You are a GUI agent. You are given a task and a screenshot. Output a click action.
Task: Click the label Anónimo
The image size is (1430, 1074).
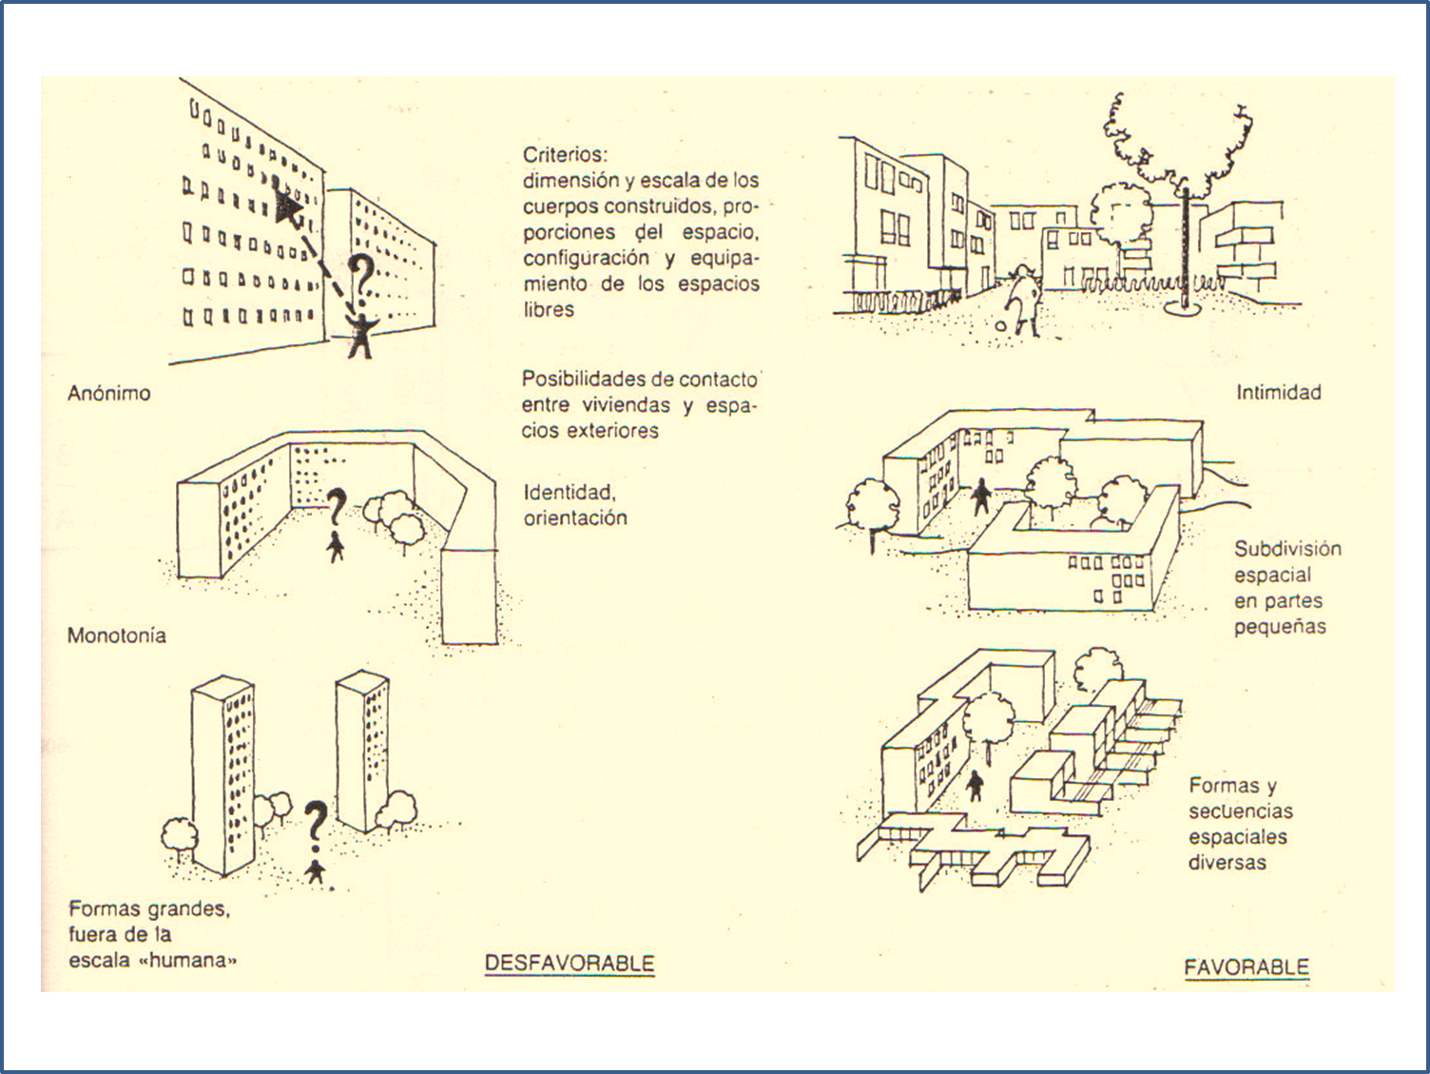tap(108, 393)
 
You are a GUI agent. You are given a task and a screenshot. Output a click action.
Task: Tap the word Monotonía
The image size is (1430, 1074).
tap(116, 635)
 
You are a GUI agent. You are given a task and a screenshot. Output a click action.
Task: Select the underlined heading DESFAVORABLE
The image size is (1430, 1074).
tap(570, 963)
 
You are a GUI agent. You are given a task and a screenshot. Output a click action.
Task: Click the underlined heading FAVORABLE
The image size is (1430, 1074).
tap(1246, 967)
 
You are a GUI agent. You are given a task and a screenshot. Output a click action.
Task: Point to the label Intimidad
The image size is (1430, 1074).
tap(1278, 392)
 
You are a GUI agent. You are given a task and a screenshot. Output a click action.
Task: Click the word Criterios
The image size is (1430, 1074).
tap(564, 154)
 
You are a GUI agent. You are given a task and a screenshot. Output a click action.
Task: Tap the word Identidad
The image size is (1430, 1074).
tap(569, 492)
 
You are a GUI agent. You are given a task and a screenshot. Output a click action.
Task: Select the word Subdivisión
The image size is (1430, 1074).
tap(1287, 549)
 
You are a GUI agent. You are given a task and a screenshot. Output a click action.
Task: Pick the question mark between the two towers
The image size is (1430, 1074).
tap(316, 824)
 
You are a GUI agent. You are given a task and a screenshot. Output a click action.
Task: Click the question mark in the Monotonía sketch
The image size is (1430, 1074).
tap(336, 507)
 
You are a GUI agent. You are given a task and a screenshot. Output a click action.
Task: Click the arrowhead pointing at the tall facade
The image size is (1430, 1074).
tap(286, 205)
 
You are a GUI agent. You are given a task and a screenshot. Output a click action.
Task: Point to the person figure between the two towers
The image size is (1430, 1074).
tap(316, 870)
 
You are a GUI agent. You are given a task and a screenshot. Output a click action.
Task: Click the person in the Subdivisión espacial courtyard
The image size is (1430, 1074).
tap(981, 496)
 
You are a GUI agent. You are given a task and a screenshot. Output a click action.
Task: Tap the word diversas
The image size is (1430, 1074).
tap(1227, 863)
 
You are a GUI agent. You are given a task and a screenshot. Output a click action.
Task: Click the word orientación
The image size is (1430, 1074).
tap(574, 518)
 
